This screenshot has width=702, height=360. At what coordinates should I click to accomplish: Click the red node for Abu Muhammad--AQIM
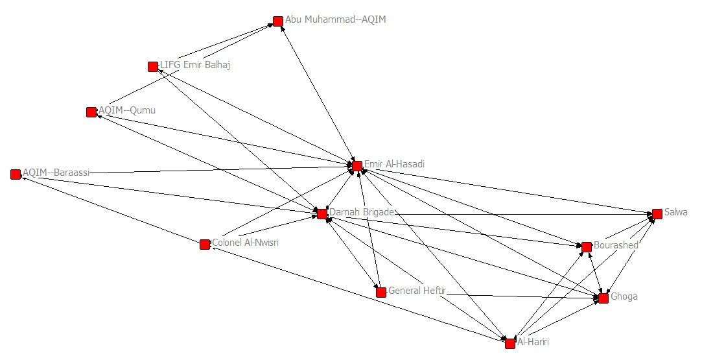tap(278, 21)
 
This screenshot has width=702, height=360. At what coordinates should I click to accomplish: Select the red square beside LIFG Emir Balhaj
tap(153, 66)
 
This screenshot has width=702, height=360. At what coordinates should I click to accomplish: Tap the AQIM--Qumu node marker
tap(91, 112)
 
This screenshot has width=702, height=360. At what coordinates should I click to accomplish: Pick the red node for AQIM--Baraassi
tap(16, 174)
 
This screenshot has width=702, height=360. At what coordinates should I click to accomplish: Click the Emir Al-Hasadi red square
tap(357, 165)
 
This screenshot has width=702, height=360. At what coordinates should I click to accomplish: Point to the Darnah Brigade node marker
tap(322, 213)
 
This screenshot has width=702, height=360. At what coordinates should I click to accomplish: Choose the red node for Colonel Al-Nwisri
tap(205, 244)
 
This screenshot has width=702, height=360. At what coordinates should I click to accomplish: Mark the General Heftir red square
tap(381, 292)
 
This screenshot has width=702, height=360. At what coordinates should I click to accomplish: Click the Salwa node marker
tap(657, 213)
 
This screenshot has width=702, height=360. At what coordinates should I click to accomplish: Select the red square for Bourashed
tap(587, 246)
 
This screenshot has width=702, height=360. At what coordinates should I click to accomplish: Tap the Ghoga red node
tap(603, 298)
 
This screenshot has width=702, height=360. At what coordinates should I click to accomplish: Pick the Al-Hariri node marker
tap(510, 342)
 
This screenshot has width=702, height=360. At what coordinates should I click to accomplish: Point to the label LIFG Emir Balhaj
tap(195, 65)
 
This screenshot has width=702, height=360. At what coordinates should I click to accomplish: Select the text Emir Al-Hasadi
tap(394, 164)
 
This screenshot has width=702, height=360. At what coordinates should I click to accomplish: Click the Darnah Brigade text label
tap(362, 212)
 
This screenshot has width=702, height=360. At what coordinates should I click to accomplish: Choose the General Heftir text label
tap(417, 291)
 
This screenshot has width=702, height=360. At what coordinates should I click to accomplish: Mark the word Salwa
tap(676, 212)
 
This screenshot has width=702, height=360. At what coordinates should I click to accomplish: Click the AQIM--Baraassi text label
tap(56, 173)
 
